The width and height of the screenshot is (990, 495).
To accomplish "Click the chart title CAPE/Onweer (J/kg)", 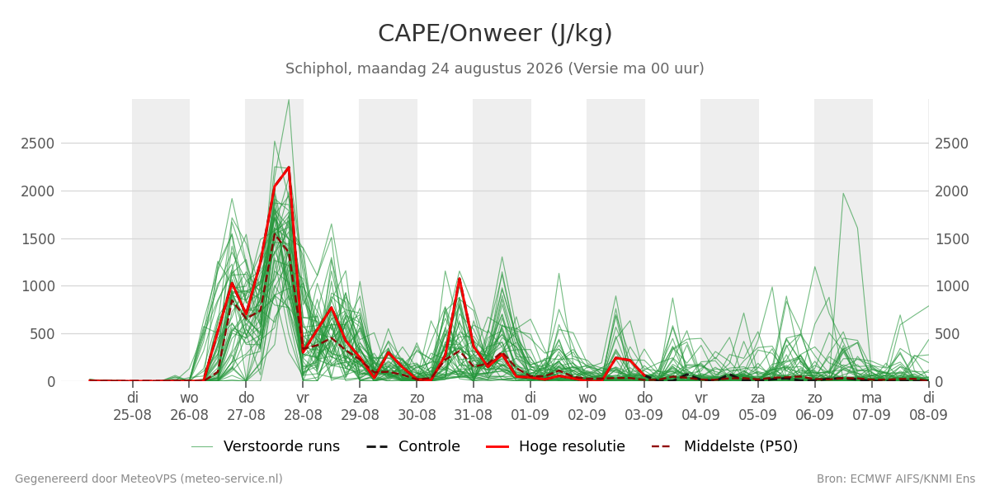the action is point(495,34).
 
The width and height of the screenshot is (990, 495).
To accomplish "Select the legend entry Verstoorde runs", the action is point(265,446).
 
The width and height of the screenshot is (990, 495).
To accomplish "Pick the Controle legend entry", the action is point(413,446).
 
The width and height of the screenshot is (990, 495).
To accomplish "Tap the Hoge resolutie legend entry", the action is point(555,446).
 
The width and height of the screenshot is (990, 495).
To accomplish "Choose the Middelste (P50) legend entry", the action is point(725,446).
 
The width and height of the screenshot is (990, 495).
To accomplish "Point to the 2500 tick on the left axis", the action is point(38,144).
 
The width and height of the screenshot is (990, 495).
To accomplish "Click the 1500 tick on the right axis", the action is point(952,239).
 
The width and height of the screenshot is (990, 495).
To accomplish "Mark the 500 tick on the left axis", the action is point(42,334).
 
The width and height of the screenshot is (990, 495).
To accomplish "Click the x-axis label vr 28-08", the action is point(303,407).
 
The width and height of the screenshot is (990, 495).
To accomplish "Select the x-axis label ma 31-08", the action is point(473,407).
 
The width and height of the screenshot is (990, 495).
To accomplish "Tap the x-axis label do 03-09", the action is point(644,407).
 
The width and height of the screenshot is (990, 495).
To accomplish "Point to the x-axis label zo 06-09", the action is point(814,407).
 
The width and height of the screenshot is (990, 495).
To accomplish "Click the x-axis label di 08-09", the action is point(928,407).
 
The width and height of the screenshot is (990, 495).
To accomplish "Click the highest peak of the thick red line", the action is point(289,167).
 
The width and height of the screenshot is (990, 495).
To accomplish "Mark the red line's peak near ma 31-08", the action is point(460,279).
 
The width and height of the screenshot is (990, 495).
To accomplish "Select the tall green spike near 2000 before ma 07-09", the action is point(843,193).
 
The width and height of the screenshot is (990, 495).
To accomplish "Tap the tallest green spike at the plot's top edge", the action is point(289,100).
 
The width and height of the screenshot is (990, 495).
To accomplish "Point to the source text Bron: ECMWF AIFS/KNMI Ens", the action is point(896,479).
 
